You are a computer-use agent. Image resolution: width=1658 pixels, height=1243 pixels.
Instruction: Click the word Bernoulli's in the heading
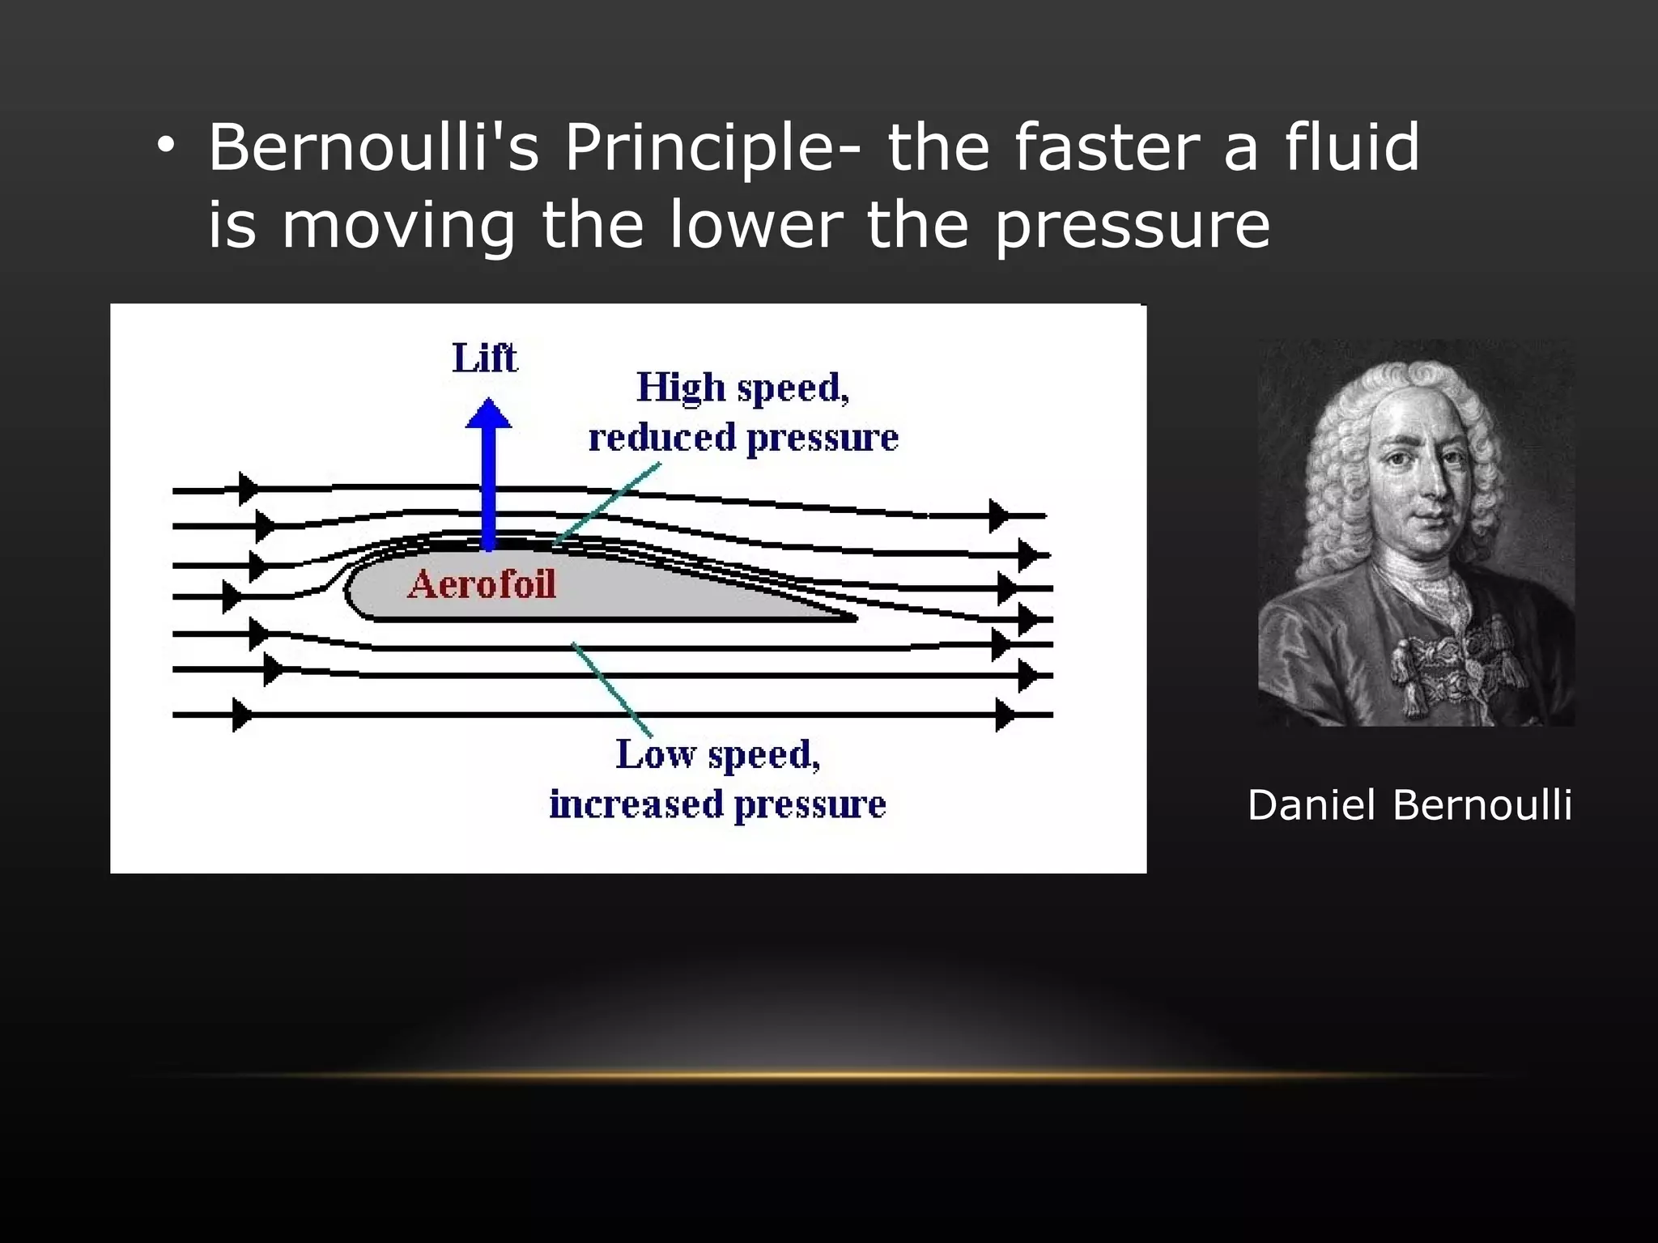point(373,148)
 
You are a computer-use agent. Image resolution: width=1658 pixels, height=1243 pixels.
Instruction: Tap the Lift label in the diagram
point(484,358)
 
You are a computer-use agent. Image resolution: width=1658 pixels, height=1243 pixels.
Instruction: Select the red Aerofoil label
point(482,584)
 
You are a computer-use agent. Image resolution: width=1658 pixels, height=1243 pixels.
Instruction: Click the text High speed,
point(742,388)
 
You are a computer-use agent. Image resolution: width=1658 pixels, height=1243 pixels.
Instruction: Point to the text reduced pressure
point(743,438)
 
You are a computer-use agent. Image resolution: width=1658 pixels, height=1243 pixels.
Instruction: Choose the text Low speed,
point(718,754)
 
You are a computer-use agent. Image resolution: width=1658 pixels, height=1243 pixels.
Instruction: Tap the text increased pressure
point(717,804)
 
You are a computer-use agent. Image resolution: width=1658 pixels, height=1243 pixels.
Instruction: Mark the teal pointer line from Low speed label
point(612,689)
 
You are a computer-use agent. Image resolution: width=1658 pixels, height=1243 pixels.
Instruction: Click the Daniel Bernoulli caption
point(1409,805)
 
